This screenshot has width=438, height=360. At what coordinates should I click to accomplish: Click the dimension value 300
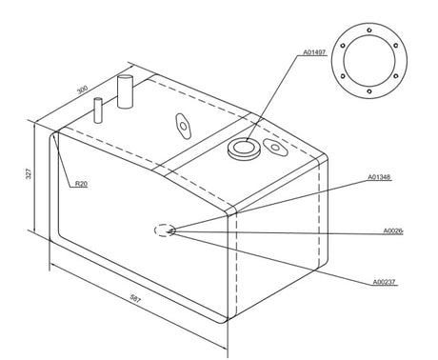tap(82, 90)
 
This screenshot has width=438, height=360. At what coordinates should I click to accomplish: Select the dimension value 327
tap(29, 173)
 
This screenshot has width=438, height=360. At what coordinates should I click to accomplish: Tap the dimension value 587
tap(135, 299)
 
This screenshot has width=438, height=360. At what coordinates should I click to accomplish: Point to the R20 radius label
tap(81, 184)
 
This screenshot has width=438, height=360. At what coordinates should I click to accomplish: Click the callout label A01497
tap(314, 52)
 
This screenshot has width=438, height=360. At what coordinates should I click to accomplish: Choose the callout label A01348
tap(379, 177)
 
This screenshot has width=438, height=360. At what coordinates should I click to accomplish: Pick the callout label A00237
tap(384, 282)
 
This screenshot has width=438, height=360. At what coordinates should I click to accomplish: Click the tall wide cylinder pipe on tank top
tap(125, 91)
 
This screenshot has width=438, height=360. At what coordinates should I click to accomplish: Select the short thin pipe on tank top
tap(98, 110)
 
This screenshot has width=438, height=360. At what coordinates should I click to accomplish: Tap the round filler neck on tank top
tap(244, 149)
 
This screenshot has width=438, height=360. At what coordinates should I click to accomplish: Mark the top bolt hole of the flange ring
tap(369, 30)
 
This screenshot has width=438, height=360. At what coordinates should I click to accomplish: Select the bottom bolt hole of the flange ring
tap(369, 91)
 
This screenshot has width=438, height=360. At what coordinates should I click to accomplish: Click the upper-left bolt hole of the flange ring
tap(343, 46)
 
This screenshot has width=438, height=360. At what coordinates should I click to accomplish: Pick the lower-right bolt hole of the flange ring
tap(395, 76)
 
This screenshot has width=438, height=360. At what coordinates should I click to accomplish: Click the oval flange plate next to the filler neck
tap(275, 148)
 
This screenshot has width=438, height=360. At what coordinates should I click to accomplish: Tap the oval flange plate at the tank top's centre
tap(183, 126)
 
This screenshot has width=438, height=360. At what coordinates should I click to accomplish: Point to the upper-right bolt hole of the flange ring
tap(395, 46)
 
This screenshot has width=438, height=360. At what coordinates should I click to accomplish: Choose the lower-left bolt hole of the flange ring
tap(343, 76)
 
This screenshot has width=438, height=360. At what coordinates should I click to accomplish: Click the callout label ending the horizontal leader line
tap(393, 230)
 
